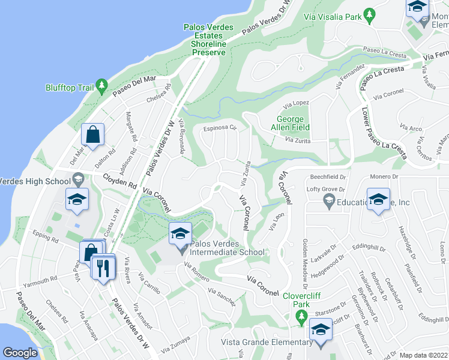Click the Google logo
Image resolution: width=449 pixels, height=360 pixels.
coord(20,353)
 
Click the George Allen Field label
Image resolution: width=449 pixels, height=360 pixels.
coord(293,123)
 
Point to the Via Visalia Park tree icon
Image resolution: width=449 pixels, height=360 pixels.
coord(370,14)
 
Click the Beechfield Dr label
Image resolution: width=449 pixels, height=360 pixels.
coord(328,177)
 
